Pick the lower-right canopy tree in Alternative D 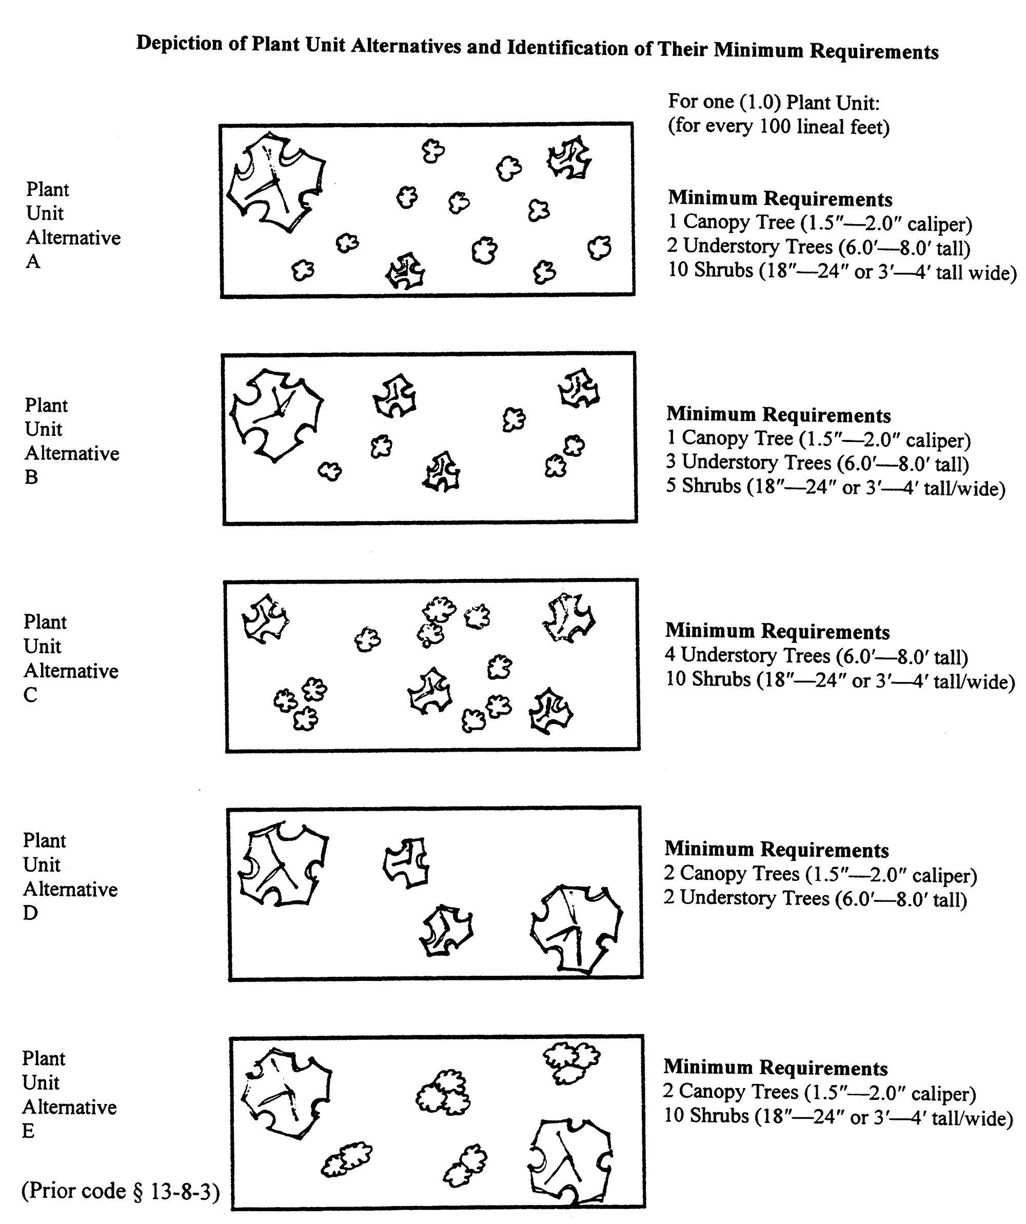576,929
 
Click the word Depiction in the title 179,44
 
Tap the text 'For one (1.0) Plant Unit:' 774,103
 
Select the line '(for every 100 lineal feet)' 778,127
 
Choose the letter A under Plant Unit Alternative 33,262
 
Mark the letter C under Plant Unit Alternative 30,695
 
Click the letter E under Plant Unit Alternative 28,1131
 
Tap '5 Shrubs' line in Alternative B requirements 835,487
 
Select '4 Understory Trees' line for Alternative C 816,656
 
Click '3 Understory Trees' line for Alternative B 817,463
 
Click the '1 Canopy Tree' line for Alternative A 820,223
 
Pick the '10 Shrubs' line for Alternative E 838,1117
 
